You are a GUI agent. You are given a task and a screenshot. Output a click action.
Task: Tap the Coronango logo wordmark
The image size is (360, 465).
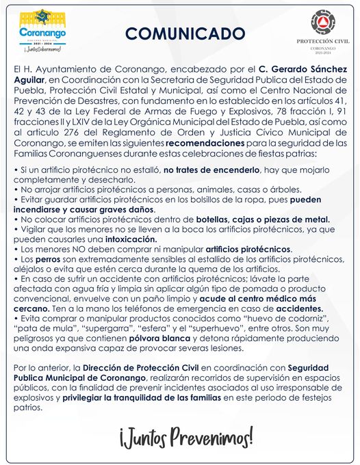click(x=43, y=31)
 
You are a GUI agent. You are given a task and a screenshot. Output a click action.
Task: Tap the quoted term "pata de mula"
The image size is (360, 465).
click(x=42, y=328)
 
